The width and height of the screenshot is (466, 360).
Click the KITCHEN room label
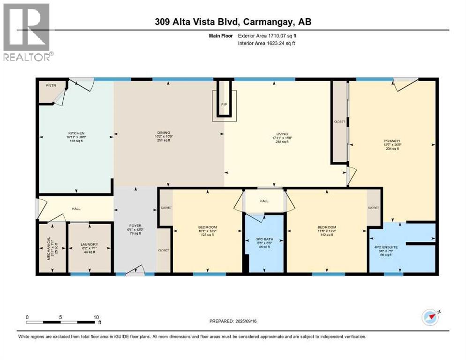(x=75, y=134)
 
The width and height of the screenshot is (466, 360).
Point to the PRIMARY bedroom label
(x=392, y=140)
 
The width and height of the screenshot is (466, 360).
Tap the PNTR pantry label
(x=51, y=86)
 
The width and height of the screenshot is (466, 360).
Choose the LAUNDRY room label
(x=89, y=244)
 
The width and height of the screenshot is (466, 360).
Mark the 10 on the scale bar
(x=96, y=317)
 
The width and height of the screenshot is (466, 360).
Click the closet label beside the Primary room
(x=339, y=122)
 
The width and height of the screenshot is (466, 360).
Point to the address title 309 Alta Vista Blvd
(x=233, y=22)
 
